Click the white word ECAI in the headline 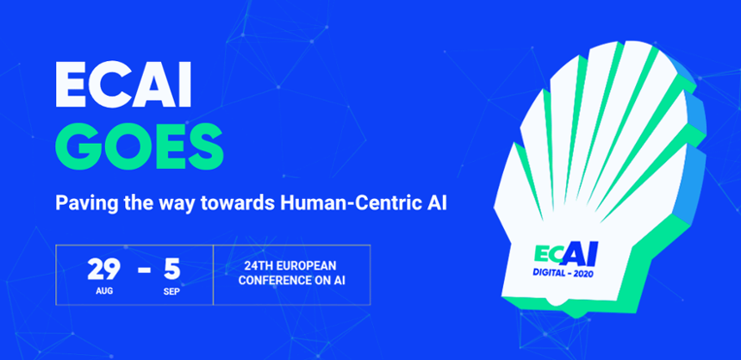tap(123, 85)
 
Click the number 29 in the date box tap(104, 270)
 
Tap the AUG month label tap(104, 291)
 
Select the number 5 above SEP tap(172, 270)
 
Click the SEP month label tap(171, 291)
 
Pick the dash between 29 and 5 tap(144, 271)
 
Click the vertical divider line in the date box tap(213, 275)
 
